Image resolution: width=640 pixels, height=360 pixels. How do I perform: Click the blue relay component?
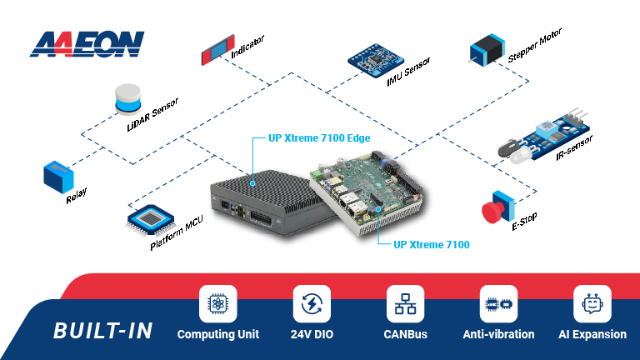[59, 177]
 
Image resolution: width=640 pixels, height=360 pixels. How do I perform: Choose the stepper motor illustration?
[486, 49]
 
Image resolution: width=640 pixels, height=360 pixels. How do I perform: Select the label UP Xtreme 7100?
[431, 245]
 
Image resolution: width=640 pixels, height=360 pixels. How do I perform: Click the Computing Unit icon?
[218, 304]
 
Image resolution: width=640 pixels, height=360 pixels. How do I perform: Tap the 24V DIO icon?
[312, 304]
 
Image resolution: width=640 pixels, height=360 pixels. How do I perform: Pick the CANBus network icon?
[405, 304]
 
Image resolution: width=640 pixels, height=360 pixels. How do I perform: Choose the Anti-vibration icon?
[499, 304]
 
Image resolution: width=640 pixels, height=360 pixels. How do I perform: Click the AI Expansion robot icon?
[592, 304]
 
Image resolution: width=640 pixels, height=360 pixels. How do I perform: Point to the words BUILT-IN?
[103, 331]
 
